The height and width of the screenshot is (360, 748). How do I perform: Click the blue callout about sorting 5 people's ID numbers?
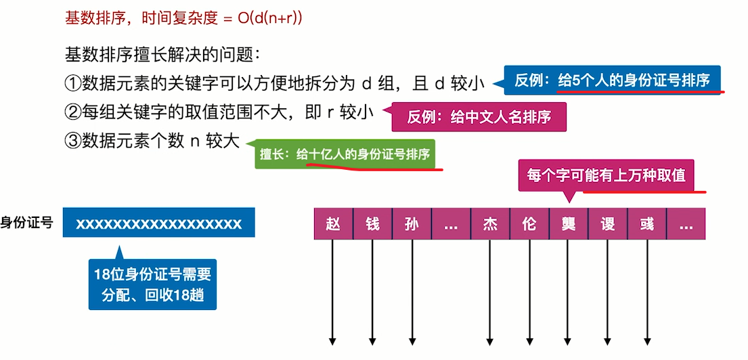612,81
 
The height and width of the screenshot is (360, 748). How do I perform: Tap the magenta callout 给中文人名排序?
479,117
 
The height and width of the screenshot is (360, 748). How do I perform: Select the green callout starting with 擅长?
345,154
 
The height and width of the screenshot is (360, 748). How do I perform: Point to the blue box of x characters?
158,223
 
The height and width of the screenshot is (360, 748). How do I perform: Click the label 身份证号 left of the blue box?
27,223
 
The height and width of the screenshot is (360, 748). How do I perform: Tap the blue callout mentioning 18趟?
152,285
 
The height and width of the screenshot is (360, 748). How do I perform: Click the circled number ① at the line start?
72,84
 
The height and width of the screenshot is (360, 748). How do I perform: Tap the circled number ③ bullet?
72,141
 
